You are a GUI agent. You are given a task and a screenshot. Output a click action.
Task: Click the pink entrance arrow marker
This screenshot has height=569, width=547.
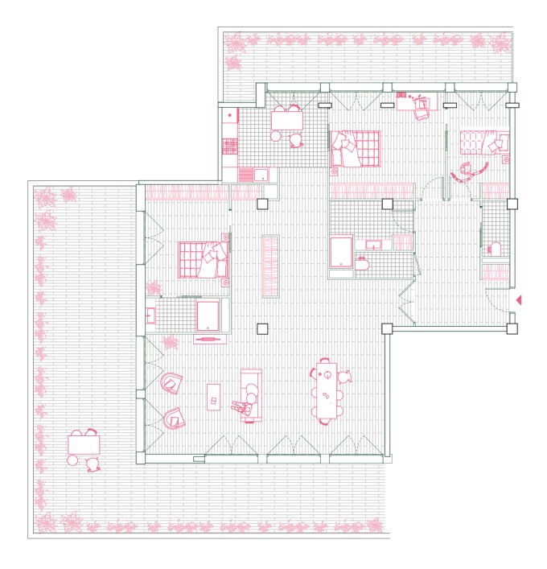tap(519, 300)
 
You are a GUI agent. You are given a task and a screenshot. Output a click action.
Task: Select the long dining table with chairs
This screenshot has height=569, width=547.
tap(327, 392)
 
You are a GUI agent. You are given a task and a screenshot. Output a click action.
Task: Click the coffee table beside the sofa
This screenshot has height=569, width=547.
tap(214, 396)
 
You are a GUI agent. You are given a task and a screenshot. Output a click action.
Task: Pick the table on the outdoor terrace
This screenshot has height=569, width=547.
tap(82, 444)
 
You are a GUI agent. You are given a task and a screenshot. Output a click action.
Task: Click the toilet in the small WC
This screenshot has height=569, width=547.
tap(494, 249)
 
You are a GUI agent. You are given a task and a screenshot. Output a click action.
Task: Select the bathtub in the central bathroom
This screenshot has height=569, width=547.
tap(341, 252)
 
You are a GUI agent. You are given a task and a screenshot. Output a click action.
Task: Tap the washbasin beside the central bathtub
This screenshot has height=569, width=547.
tap(373, 243)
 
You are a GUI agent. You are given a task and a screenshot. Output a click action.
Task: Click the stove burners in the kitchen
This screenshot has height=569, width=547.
tap(228, 146)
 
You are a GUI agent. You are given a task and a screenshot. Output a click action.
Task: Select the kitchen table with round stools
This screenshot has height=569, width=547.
tap(286, 121)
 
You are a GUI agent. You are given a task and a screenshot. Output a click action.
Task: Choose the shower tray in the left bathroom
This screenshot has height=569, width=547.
tap(208, 315)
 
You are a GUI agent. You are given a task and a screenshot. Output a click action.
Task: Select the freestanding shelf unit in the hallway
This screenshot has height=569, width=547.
tap(269, 266)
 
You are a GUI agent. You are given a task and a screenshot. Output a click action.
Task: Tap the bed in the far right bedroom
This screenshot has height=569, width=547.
tap(484, 142)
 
